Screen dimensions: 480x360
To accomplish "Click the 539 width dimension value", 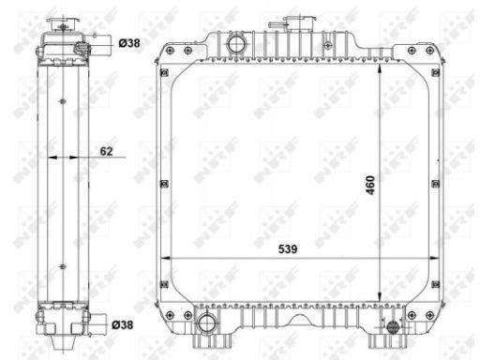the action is [x=288, y=249].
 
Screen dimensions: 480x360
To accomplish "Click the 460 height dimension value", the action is [x=370, y=185].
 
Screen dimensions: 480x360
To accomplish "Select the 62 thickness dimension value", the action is [x=106, y=151].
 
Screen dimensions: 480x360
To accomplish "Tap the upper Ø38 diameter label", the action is [x=129, y=43].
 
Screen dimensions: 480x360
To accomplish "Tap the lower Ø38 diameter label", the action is [x=123, y=325].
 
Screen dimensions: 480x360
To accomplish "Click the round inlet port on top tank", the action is [x=236, y=44].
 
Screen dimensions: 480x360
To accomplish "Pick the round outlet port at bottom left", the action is [x=206, y=323].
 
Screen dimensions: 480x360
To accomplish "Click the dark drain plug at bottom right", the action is [x=393, y=327].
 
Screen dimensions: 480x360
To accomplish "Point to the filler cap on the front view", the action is [x=300, y=21].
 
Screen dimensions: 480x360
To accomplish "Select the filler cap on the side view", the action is [x=63, y=23].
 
